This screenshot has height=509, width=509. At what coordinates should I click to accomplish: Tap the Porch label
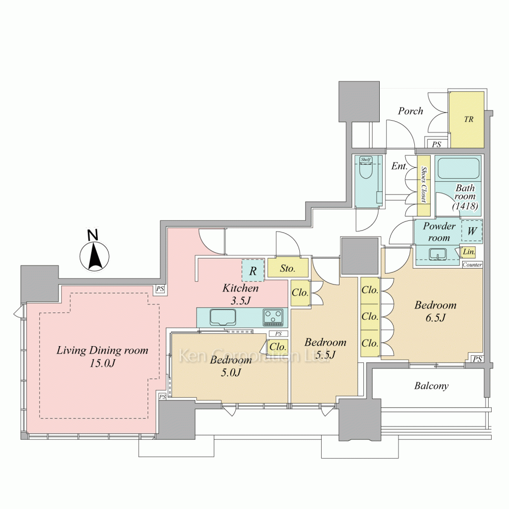[411, 111]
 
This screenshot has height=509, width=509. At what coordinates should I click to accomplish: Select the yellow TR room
[466, 119]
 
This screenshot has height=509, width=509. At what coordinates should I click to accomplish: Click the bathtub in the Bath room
[459, 168]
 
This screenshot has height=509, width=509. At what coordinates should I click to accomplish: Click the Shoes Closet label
[423, 184]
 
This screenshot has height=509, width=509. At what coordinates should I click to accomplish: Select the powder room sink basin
[438, 254]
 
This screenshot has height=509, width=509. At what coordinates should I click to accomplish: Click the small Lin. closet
[469, 252]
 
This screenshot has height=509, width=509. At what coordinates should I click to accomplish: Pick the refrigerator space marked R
[253, 270]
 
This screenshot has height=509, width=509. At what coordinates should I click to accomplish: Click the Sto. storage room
[288, 268]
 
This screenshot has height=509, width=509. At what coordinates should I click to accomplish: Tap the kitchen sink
[223, 317]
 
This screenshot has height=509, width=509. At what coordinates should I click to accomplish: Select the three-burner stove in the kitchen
[273, 317]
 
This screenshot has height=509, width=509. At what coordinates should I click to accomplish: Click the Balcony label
[432, 386]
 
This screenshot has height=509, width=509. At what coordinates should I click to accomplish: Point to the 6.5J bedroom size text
[435, 318]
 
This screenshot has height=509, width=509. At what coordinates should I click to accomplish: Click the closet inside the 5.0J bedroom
[277, 347]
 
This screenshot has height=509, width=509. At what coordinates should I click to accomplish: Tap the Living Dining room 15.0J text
[102, 356]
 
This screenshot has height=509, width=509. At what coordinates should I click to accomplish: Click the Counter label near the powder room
[472, 265]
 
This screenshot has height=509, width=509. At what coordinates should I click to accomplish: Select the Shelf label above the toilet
[366, 159]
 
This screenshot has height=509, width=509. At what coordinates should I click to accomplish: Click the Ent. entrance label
[399, 166]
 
